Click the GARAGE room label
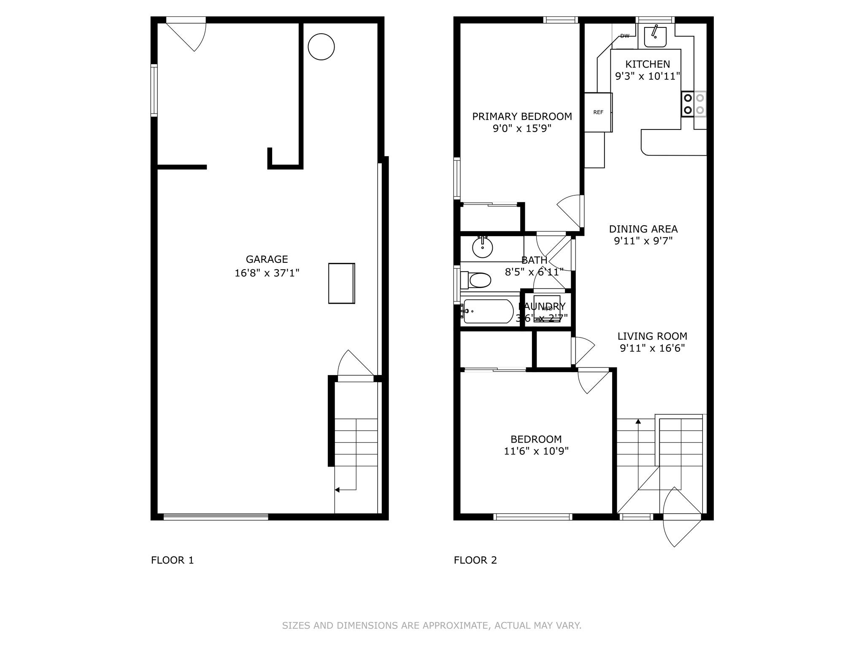(267, 259)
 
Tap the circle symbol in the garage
(321, 47)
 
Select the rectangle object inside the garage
(341, 283)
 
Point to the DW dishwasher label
(625, 36)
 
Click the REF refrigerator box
(598, 112)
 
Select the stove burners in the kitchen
(694, 104)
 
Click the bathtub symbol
(489, 311)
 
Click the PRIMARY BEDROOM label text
(522, 116)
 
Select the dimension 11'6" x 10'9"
(536, 451)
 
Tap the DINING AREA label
(643, 229)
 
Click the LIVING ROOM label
(652, 336)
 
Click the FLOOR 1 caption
(172, 560)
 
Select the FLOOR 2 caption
(475, 560)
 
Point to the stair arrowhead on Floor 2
(638, 421)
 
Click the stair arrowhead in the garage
(337, 490)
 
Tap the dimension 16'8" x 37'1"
(267, 273)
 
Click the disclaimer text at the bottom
(432, 626)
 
